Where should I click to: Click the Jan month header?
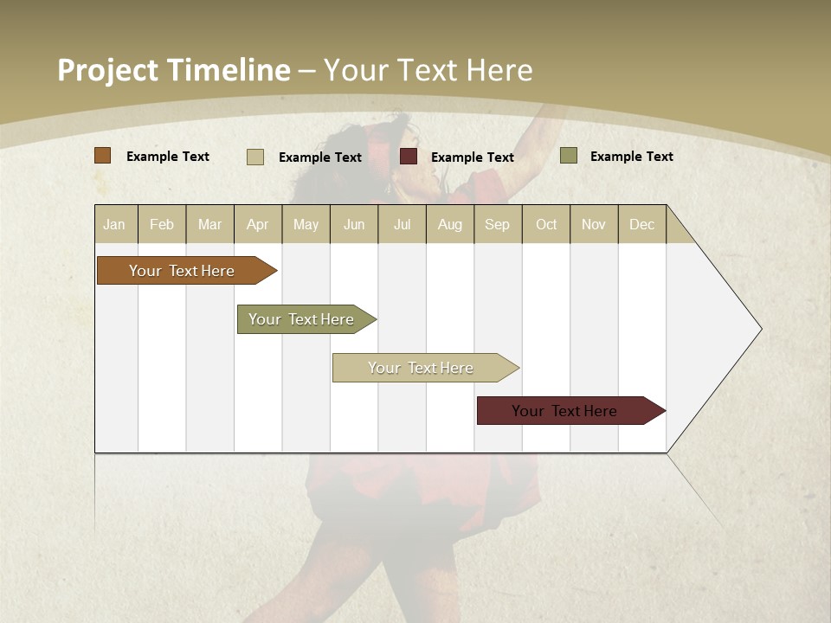115,224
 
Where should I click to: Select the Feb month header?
162,224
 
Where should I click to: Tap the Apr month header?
258,224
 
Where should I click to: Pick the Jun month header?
354,224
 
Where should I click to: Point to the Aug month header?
450,224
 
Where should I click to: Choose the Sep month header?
498,224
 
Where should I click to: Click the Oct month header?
546,224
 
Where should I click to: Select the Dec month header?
642,224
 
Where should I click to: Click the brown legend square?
103,156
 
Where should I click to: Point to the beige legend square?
255,157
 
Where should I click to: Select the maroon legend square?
409,157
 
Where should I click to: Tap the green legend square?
569,156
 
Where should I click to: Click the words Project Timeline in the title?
174,70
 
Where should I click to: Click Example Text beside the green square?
632,157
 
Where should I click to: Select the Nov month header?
594,224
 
